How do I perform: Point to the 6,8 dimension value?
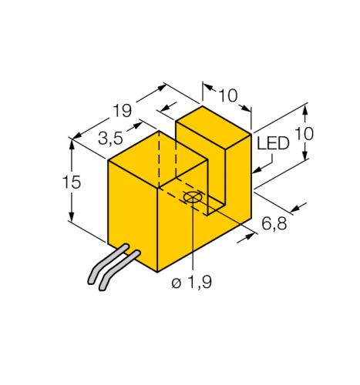[275, 225]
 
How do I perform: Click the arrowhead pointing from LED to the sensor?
[257, 167]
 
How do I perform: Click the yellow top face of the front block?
[157, 159]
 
